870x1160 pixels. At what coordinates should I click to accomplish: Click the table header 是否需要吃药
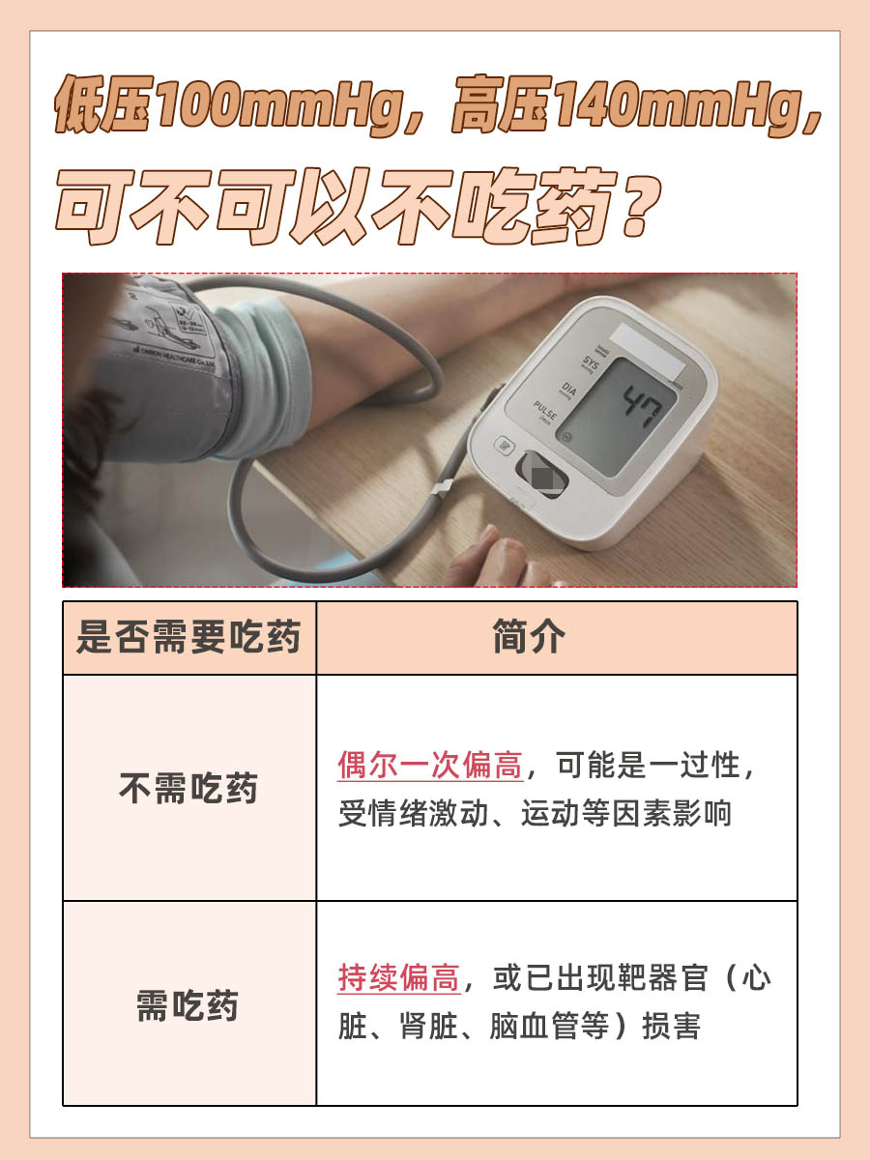pos(188,638)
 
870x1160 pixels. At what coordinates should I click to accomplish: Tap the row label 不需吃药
pos(188,789)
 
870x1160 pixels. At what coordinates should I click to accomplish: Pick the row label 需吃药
pos(188,1005)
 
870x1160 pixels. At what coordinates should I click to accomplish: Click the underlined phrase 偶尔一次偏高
pos(430,767)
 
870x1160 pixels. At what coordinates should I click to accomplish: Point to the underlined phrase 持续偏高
pos(398,978)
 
